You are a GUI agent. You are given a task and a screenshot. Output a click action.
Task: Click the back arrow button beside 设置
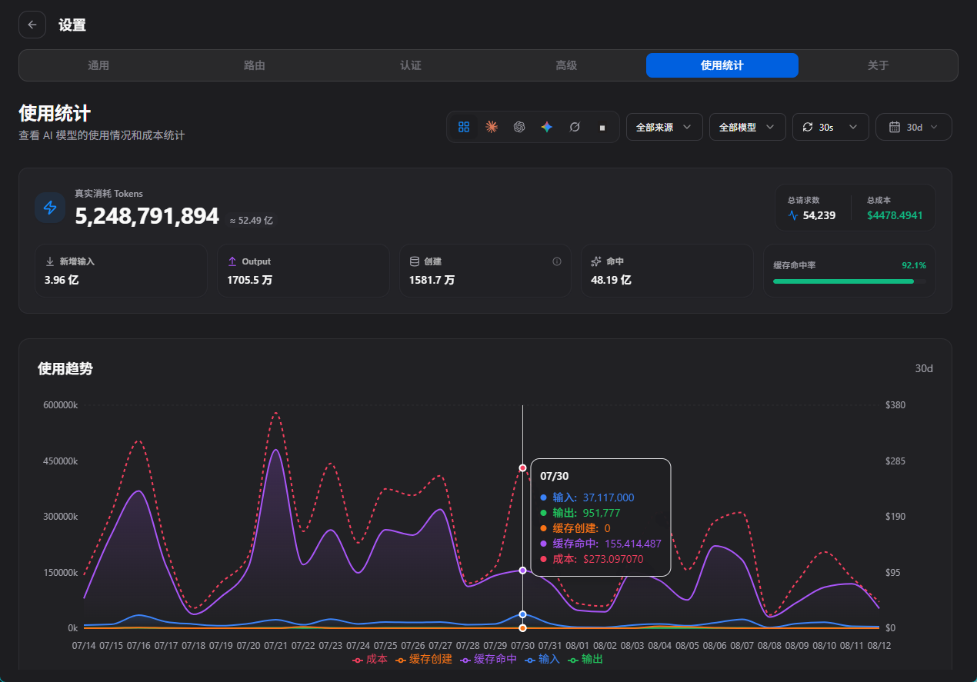coord(32,25)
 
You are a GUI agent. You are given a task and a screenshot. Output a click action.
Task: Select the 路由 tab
coord(255,65)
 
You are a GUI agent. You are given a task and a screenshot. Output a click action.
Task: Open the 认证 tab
coord(411,65)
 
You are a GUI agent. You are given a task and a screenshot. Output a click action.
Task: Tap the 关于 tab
coord(878,65)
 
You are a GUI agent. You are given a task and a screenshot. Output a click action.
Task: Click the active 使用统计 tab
coord(722,65)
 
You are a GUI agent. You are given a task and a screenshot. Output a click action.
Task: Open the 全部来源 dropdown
coord(664,127)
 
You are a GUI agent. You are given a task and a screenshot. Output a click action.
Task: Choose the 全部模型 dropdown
coord(747,127)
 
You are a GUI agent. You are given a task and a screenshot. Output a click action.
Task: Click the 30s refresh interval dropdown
coord(830,127)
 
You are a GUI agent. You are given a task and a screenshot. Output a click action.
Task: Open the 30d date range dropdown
coord(913,127)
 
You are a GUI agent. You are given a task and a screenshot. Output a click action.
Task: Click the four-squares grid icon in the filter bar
coord(464,127)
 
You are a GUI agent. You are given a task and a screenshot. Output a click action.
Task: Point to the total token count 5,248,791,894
coord(147,216)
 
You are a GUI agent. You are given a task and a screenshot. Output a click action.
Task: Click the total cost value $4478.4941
coord(895,215)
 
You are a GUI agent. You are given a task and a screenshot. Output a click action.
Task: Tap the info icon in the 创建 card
coord(556,261)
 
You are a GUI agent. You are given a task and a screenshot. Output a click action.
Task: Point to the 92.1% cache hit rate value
coord(914,265)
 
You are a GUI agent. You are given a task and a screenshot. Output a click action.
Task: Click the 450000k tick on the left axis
coord(60,461)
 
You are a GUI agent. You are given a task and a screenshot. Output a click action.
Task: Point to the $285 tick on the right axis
coord(895,461)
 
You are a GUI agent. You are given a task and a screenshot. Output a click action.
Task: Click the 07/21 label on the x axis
coord(275,645)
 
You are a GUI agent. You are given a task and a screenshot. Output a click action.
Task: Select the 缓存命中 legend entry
coord(488,659)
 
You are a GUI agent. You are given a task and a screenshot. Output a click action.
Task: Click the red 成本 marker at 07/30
coord(522,468)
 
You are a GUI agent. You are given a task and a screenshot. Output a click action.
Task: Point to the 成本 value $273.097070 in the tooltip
coord(613,559)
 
